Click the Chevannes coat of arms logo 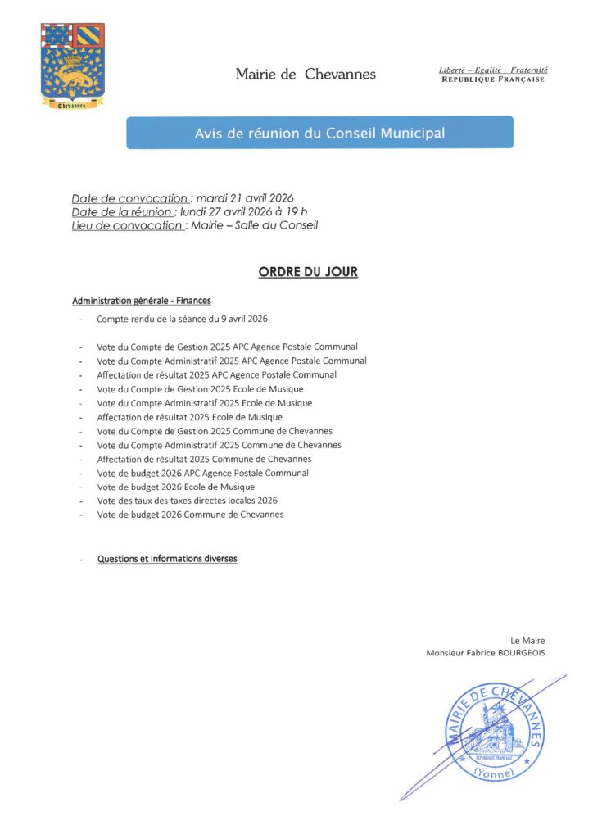point(72,66)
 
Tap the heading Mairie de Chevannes point(306,75)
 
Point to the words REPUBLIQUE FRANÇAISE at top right point(493,79)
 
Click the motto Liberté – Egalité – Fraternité point(493,70)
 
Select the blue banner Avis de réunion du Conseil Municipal point(319,133)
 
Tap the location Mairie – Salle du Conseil point(254,225)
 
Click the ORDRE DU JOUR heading point(308,272)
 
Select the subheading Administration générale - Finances point(142,301)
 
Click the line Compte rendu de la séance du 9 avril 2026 point(183,319)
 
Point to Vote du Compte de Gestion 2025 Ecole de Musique point(200,388)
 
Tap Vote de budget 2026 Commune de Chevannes point(190,514)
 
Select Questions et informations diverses point(167,559)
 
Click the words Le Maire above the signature point(527,641)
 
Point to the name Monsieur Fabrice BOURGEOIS point(486,653)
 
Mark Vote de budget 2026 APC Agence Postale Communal point(202,473)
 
